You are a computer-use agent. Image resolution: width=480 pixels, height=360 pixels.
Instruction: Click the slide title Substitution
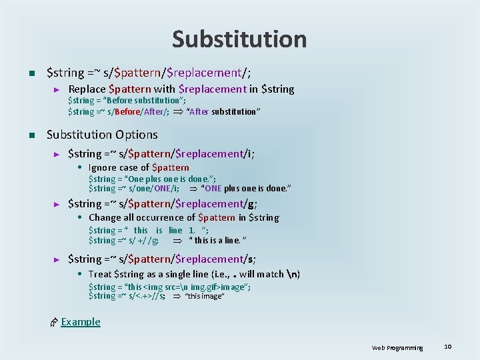239,39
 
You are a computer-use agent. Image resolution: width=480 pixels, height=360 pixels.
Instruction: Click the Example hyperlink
81,321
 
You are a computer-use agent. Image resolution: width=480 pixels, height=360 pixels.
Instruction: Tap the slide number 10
448,346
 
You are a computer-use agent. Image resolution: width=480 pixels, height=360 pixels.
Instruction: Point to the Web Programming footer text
397,347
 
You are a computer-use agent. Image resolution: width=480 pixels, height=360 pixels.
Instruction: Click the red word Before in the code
127,111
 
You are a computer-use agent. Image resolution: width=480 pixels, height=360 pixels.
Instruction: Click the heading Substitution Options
102,135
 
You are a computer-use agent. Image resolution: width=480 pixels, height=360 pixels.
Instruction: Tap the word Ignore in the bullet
103,167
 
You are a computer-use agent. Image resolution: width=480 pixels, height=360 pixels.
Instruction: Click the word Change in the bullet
105,217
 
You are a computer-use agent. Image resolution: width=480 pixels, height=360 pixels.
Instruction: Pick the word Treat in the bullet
100,273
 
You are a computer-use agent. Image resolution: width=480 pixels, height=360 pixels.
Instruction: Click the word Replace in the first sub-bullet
87,89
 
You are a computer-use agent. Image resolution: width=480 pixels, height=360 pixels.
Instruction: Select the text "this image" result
204,296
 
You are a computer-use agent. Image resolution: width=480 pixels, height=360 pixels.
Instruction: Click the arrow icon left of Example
55,322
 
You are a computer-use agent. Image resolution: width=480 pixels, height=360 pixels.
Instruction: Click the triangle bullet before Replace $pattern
57,89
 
